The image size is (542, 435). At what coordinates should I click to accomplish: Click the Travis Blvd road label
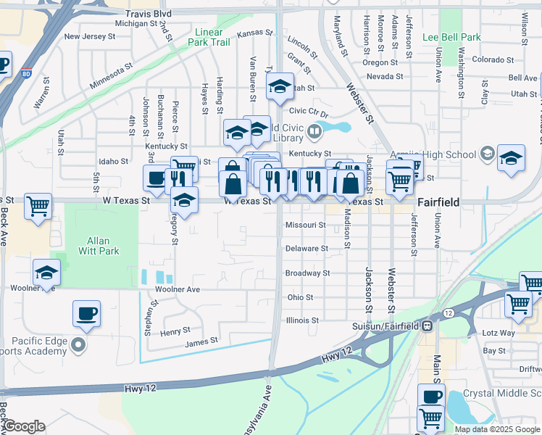[x=148, y=14]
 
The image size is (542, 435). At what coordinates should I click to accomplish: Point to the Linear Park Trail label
[x=213, y=38]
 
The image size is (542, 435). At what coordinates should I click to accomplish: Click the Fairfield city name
[x=438, y=202]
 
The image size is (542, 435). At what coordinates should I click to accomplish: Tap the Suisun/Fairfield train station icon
[x=428, y=326]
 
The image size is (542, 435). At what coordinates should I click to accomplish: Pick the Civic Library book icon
[x=314, y=132]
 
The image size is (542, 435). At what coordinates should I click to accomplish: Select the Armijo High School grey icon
[x=486, y=154]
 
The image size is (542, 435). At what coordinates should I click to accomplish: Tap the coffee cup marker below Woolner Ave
[x=86, y=313]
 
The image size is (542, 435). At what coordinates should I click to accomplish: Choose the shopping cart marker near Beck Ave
[x=38, y=206]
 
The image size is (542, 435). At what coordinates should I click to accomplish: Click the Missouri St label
[x=305, y=225]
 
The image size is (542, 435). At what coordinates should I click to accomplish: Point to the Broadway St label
[x=307, y=273]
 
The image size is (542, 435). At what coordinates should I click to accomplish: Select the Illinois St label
[x=302, y=320]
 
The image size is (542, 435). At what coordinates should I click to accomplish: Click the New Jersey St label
[x=90, y=36]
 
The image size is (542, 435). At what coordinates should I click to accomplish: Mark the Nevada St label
[x=385, y=76]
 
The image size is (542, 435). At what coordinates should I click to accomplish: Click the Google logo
[x=24, y=426]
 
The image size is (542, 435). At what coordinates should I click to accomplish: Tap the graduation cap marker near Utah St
[x=279, y=87]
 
